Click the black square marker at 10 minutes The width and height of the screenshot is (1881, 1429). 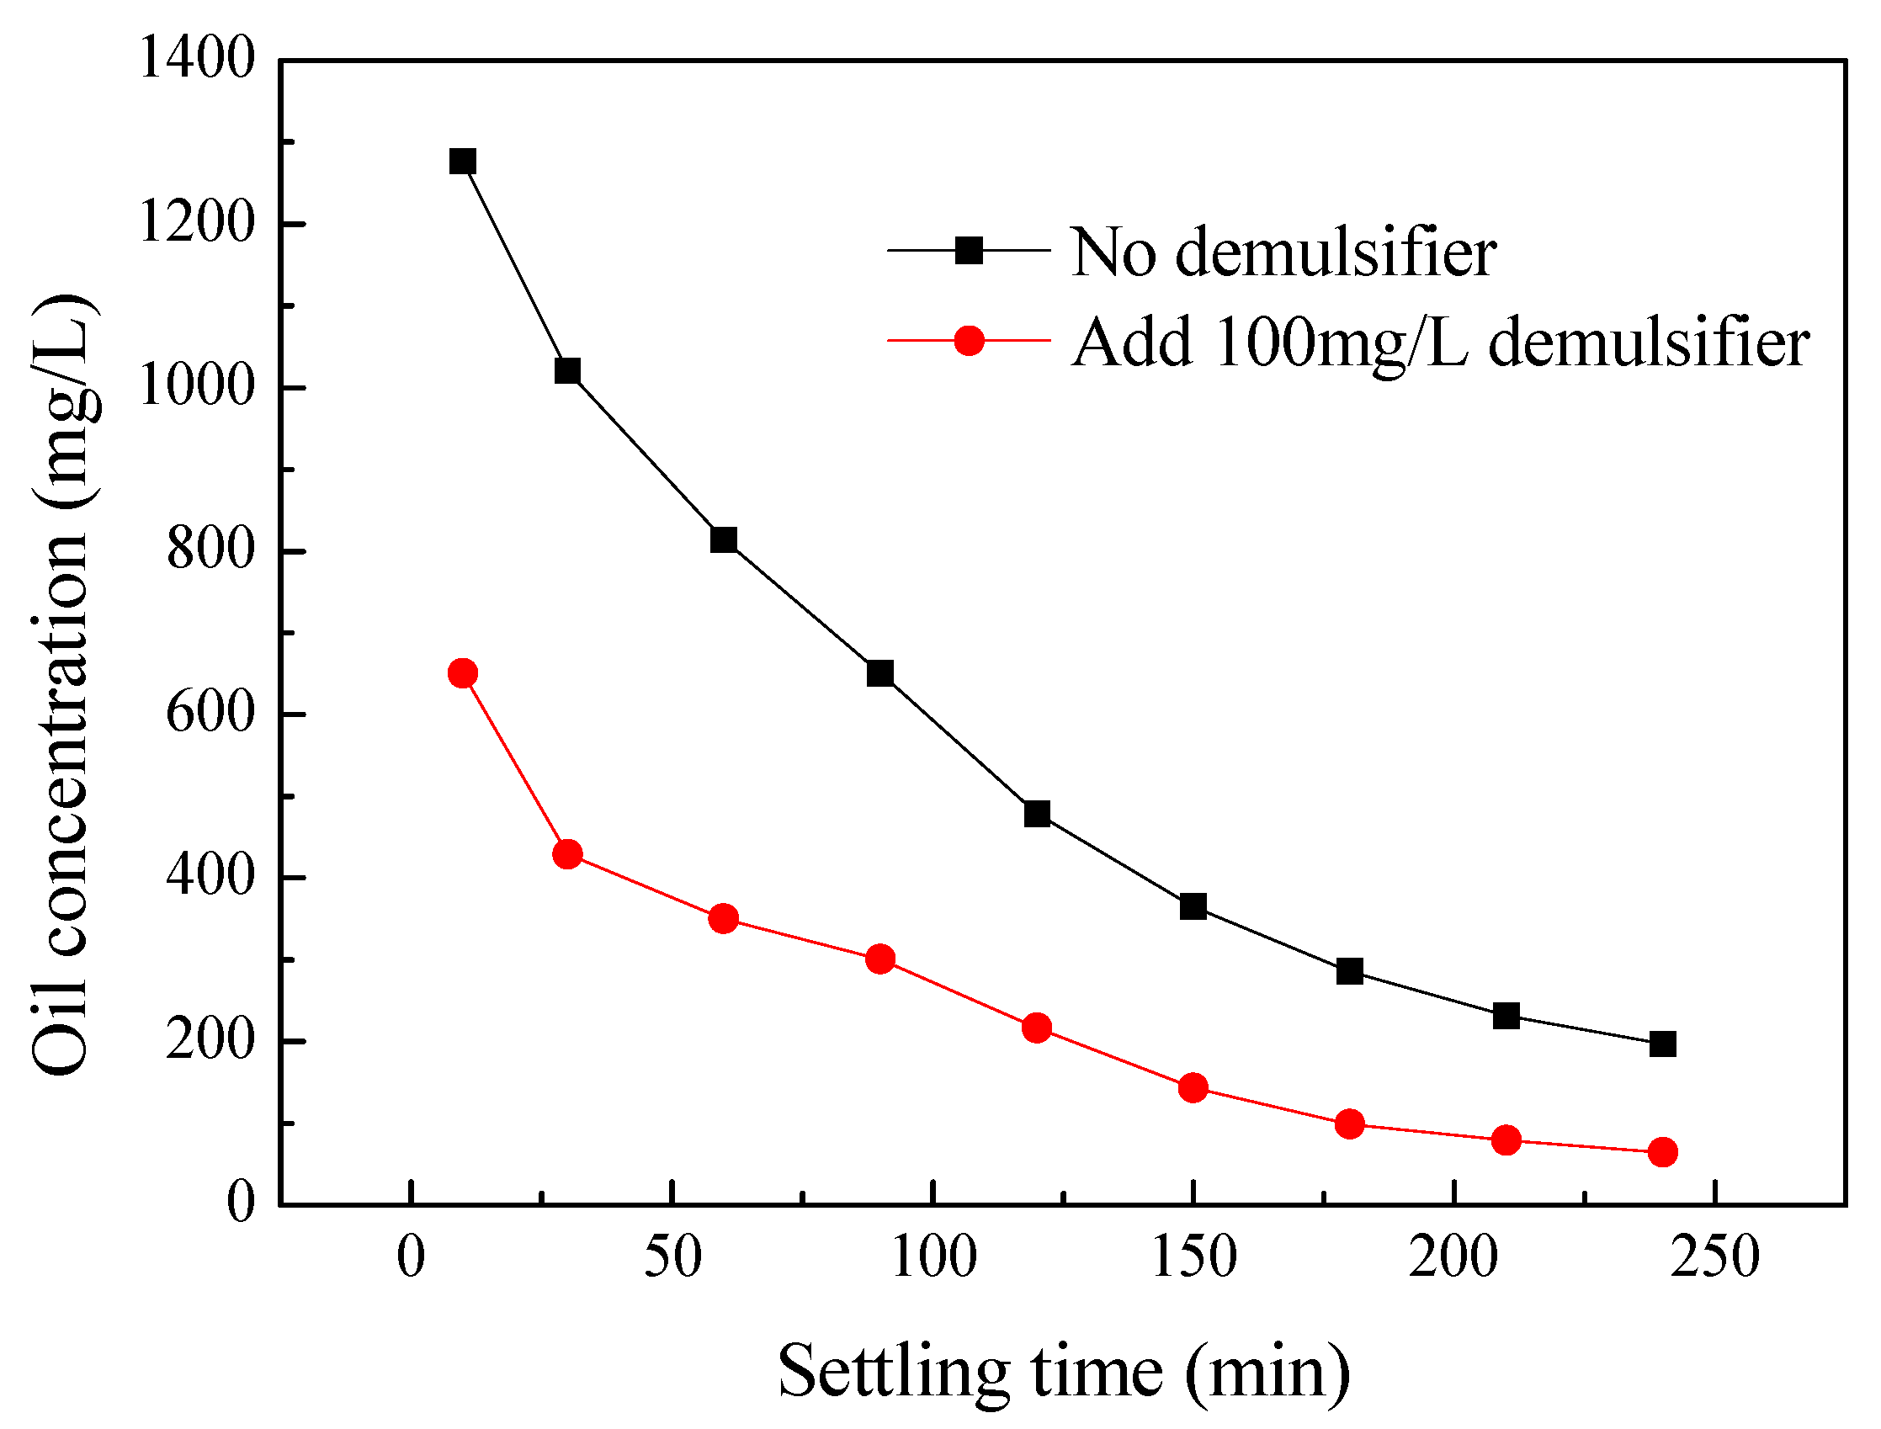pos(462,162)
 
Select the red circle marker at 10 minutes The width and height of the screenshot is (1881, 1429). pos(462,673)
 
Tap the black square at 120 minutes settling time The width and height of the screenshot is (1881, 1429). pos(1036,814)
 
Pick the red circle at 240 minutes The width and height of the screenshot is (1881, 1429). pos(1662,1153)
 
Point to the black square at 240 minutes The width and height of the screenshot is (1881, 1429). pos(1662,1044)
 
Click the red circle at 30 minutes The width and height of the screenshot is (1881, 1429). pos(567,854)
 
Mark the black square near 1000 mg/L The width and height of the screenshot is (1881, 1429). pos(567,371)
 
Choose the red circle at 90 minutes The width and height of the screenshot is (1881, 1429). pos(879,959)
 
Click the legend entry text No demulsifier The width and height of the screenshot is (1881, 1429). pos(1283,252)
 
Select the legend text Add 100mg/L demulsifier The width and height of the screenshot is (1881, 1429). pos(1439,343)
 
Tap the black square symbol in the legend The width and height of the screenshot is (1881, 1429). pos(969,251)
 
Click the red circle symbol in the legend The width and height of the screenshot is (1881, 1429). pos(969,341)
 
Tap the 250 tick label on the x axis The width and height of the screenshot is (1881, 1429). pos(1714,1258)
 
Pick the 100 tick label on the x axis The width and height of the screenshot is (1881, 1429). pos(933,1258)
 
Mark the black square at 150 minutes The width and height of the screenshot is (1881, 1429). pos(1193,906)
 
